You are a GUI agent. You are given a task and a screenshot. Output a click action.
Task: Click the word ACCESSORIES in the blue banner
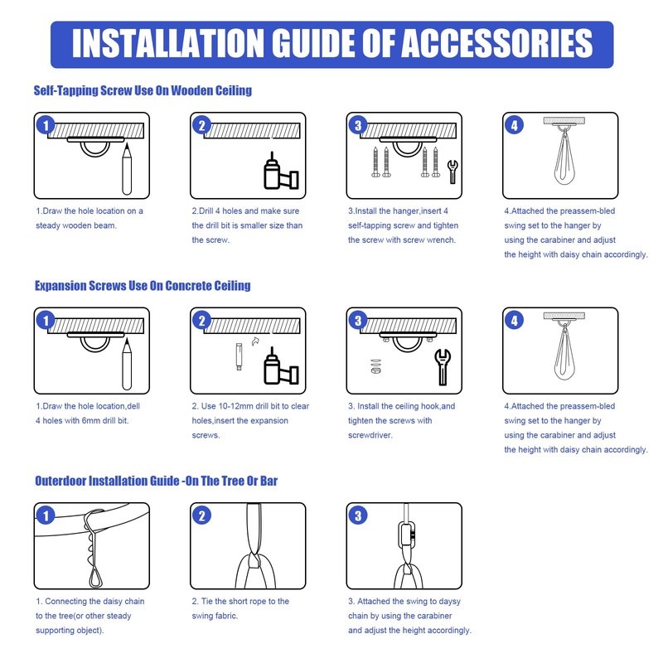[496, 44]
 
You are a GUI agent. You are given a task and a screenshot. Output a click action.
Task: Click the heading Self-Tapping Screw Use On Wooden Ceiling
[143, 90]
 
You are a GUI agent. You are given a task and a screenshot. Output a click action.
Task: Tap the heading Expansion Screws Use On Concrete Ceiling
[143, 286]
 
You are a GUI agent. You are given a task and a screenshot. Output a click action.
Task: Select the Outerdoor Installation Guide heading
[156, 482]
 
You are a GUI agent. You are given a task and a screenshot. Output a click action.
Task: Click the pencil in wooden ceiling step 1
[127, 169]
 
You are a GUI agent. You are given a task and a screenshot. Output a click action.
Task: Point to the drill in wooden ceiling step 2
[281, 172]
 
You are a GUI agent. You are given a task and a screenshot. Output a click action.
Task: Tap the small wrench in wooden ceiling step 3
[452, 172]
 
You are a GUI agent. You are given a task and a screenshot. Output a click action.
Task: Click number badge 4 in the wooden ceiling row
[514, 125]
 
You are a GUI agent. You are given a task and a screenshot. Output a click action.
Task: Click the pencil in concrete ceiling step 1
[127, 365]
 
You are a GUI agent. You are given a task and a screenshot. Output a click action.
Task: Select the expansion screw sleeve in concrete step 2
[239, 357]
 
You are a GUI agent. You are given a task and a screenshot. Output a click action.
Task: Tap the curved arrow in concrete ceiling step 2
[255, 341]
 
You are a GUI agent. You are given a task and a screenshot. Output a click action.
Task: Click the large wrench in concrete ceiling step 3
[443, 366]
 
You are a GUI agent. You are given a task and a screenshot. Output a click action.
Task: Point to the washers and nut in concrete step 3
[375, 366]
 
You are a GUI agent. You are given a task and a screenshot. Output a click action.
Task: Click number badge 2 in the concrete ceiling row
[201, 321]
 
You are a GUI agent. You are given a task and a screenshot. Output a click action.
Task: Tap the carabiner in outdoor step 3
[407, 534]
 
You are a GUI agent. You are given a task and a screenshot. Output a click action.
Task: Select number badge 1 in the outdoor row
[46, 515]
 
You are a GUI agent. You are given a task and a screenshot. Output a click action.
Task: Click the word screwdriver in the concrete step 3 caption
[370, 435]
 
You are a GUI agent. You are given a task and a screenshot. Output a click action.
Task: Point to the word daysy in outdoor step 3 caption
[449, 602]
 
